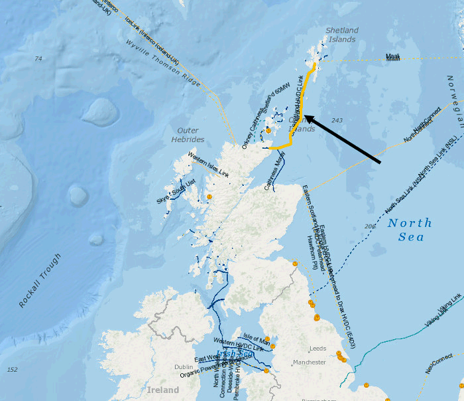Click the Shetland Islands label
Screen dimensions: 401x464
[342, 35]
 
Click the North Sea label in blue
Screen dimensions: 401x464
[410, 230]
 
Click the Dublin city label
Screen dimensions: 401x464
[184, 367]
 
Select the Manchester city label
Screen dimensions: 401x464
[310, 362]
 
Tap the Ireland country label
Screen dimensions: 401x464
[162, 390]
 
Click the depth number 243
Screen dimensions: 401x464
[337, 120]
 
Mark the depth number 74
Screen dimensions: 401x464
[38, 59]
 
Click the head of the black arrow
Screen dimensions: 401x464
[306, 116]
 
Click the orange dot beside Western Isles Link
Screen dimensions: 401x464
[209, 197]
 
